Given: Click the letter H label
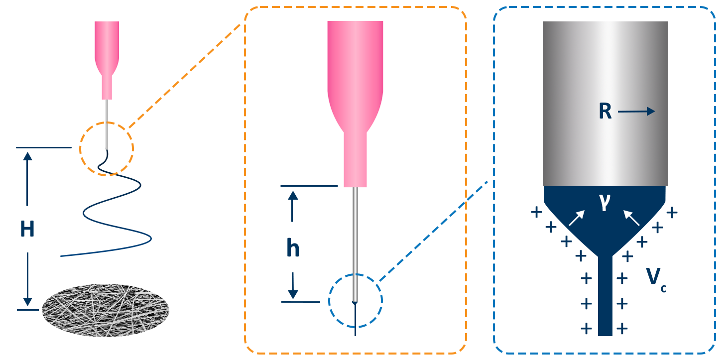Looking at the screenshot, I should tap(27, 230).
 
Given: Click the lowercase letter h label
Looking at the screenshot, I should tap(293, 248).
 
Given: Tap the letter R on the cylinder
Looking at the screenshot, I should tap(605, 112).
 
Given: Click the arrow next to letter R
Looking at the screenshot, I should tap(637, 112).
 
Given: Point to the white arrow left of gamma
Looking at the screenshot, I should tap(577, 218).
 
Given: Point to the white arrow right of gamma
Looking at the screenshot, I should tap(631, 218).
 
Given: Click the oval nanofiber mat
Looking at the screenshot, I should tap(106, 310).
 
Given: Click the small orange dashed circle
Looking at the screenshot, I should tap(107, 148).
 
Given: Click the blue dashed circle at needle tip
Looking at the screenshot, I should tap(356, 301).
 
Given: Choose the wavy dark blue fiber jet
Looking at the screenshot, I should tap(115, 209).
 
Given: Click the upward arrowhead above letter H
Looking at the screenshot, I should tap(28, 156).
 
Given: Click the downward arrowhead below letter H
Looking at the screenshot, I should tap(28, 302).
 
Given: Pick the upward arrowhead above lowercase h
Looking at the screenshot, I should tap(293, 195).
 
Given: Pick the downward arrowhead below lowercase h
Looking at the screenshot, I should tap(293, 295).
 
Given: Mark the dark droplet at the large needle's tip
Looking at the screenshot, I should tap(355, 303).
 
